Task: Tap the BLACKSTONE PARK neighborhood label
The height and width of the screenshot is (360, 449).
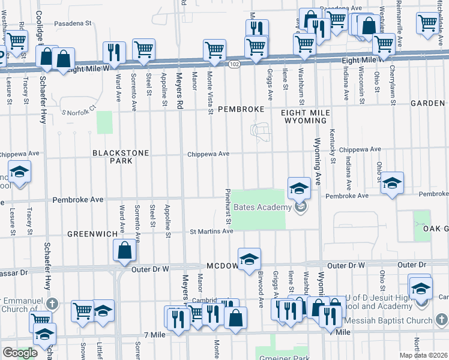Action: [120, 157]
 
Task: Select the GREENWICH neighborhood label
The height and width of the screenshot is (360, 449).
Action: [90, 233]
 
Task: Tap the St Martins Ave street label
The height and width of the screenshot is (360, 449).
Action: [211, 232]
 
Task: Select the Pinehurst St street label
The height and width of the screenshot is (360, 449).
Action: [228, 208]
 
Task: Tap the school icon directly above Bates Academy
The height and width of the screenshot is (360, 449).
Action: [299, 188]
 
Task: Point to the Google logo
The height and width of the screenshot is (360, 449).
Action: [19, 353]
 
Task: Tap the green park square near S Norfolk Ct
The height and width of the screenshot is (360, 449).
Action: [105, 122]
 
